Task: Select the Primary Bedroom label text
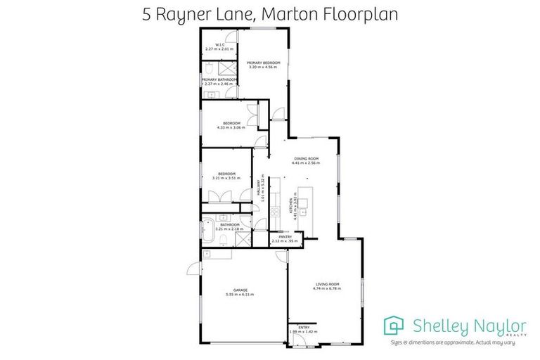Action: coord(263,63)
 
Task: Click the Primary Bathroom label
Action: coord(218,79)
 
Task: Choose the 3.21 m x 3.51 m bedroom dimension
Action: coord(226,178)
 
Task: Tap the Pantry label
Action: coord(285,237)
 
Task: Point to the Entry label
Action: coord(304,327)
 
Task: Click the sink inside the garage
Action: coord(209,254)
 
